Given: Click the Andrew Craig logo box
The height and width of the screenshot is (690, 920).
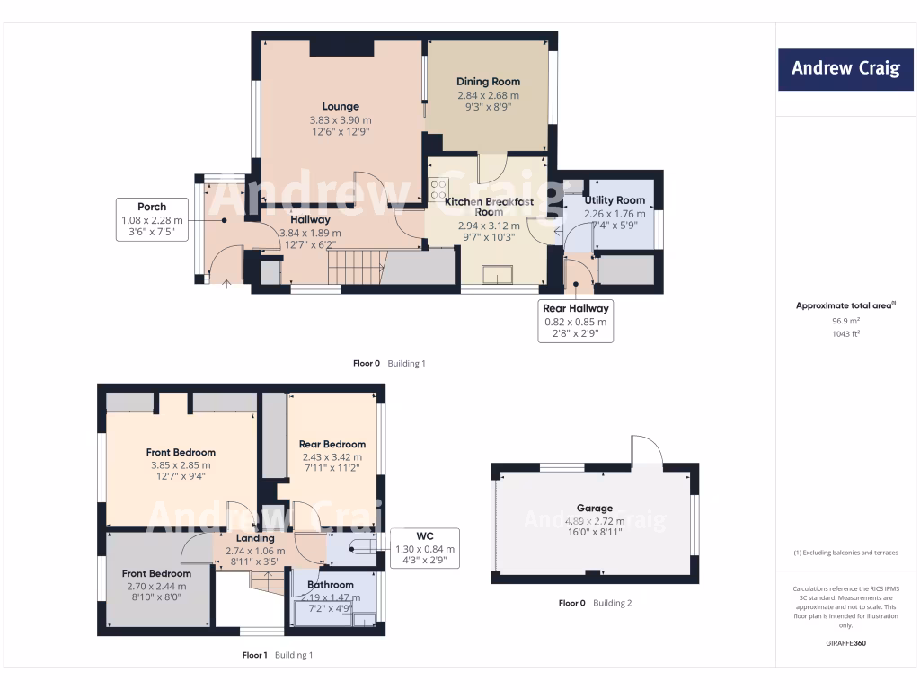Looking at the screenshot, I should pyautogui.click(x=845, y=69).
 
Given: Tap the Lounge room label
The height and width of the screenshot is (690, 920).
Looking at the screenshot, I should pyautogui.click(x=341, y=107).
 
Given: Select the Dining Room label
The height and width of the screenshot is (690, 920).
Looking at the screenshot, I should pyautogui.click(x=488, y=82).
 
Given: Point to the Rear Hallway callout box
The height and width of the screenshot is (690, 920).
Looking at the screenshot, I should pyautogui.click(x=575, y=321).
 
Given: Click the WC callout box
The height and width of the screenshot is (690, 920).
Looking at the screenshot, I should pyautogui.click(x=425, y=548).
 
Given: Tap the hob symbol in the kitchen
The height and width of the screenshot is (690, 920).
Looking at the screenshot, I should pyautogui.click(x=439, y=190).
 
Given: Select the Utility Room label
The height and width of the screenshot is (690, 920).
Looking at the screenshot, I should pyautogui.click(x=615, y=200).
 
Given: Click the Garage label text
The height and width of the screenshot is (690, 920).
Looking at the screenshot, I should pyautogui.click(x=595, y=508).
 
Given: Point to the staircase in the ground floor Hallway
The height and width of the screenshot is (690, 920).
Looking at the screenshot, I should pyautogui.click(x=354, y=267).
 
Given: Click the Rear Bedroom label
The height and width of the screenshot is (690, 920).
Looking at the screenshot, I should pyautogui.click(x=332, y=444).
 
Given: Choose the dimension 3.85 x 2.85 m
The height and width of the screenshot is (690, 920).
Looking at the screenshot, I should pyautogui.click(x=181, y=465).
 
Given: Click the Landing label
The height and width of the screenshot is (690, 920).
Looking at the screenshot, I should pyautogui.click(x=255, y=538).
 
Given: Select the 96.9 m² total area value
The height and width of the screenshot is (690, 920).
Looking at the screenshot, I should pyautogui.click(x=845, y=320).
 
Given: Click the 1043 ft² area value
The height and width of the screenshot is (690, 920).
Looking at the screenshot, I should pyautogui.click(x=845, y=333).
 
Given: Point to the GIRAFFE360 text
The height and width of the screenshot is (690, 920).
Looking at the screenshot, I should pyautogui.click(x=845, y=643).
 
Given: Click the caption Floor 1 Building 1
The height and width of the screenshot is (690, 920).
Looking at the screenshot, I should pyautogui.click(x=278, y=655).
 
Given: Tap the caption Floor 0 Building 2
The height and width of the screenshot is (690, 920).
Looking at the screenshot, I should pyautogui.click(x=595, y=603).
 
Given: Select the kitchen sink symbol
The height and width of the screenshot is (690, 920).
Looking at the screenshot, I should pyautogui.click(x=497, y=274).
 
